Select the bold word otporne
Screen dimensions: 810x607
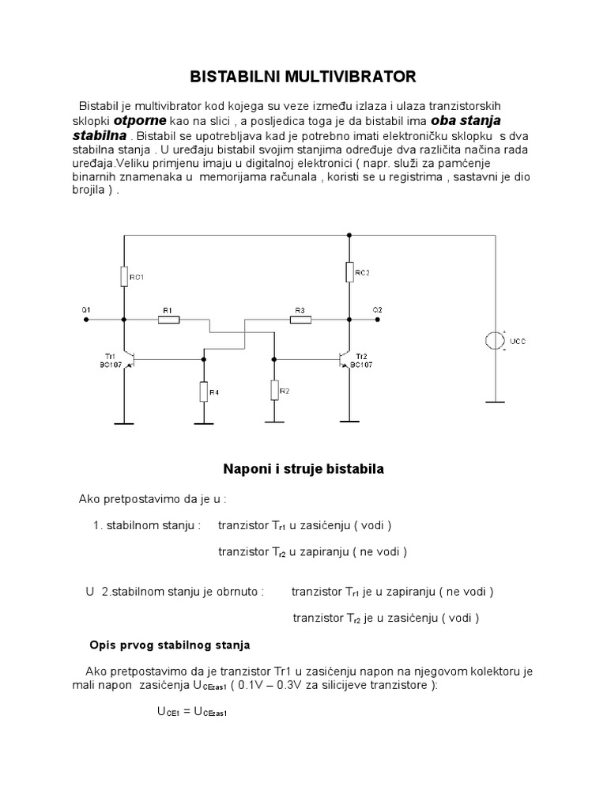pyautogui.click(x=140, y=122)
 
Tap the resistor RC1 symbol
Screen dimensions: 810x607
pyautogui.click(x=123, y=276)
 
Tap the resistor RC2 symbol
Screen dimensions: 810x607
pyautogui.click(x=348, y=273)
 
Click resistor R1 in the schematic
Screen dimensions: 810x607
pyautogui.click(x=168, y=320)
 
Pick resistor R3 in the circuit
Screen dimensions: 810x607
pyautogui.click(x=300, y=320)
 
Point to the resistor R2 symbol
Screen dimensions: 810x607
pyautogui.click(x=273, y=390)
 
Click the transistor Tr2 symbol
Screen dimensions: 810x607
pyautogui.click(x=345, y=358)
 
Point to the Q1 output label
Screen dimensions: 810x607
pyautogui.click(x=86, y=309)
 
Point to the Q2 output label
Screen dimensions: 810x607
pyautogui.click(x=377, y=309)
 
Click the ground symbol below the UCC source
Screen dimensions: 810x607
pyautogui.click(x=495, y=401)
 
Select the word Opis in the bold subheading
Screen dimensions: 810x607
pyautogui.click(x=104, y=645)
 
